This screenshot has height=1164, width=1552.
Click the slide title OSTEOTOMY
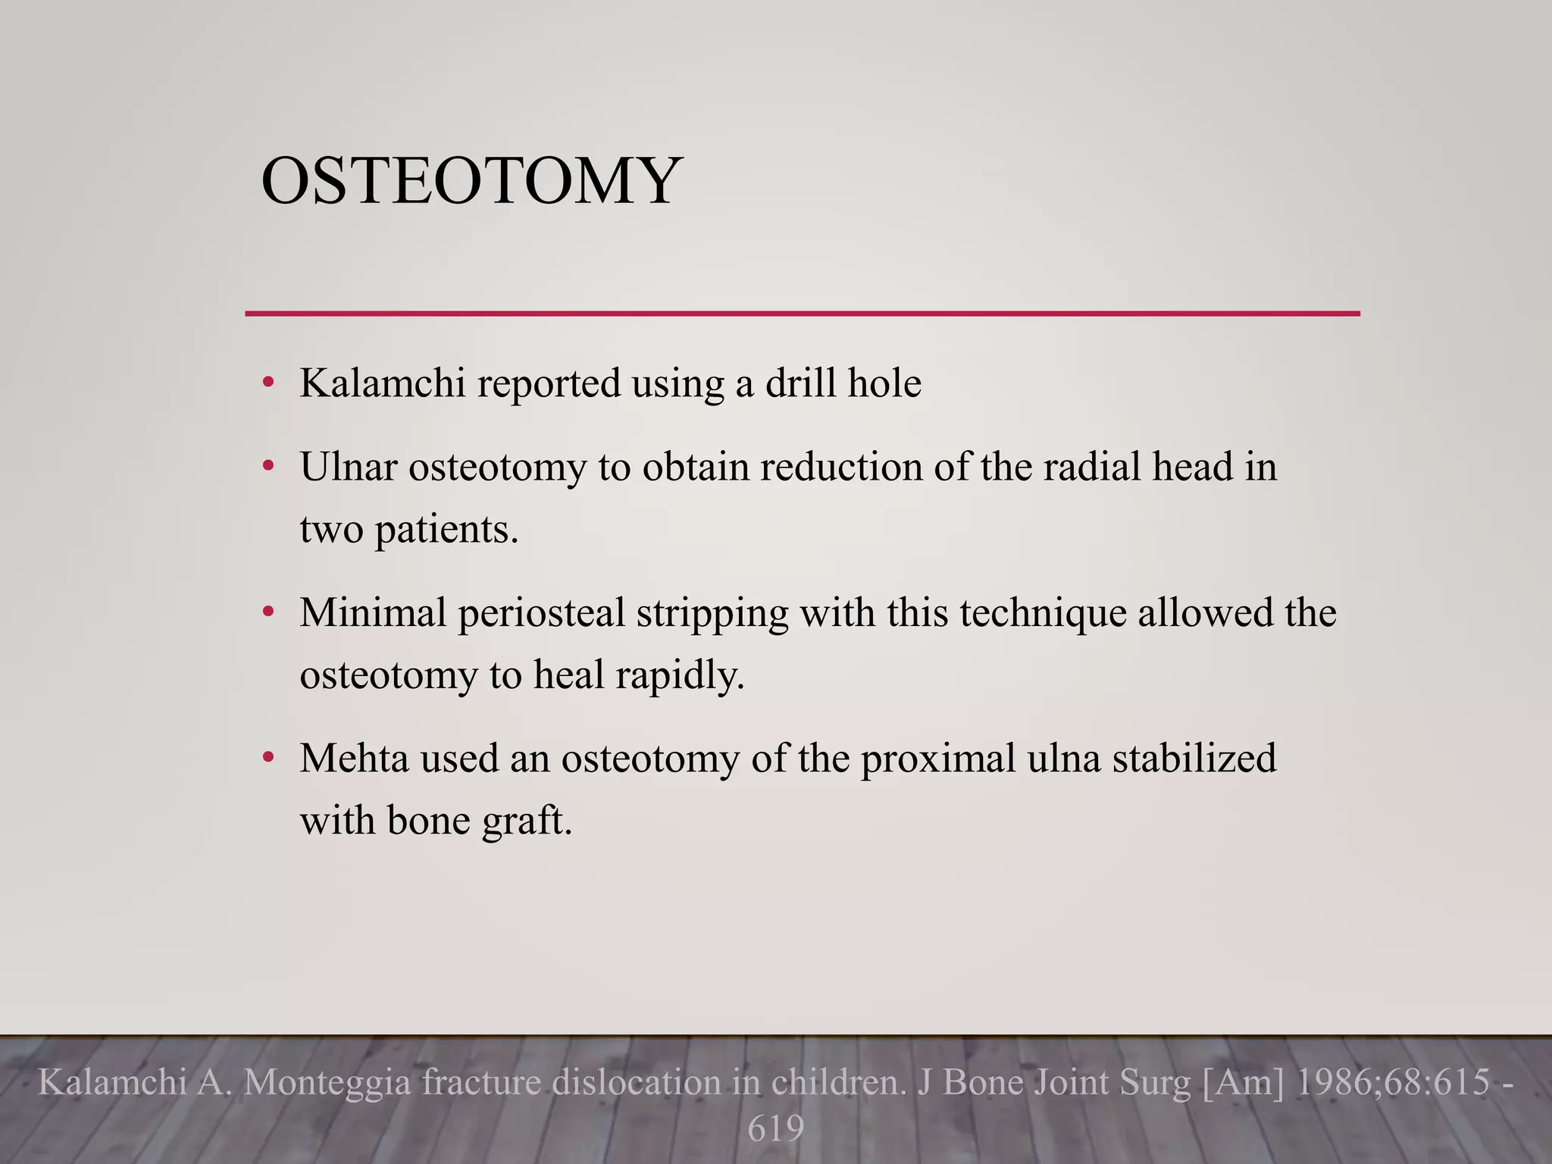(x=471, y=181)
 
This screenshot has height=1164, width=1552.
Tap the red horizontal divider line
(x=802, y=313)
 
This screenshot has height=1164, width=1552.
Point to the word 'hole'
(x=884, y=383)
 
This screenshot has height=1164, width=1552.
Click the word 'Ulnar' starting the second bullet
(x=348, y=466)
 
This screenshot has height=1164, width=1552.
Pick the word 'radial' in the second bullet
(x=1092, y=466)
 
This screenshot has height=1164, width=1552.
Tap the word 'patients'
(x=446, y=529)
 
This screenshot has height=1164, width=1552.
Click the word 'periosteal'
(x=541, y=614)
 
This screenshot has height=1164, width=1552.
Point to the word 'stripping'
(x=712, y=614)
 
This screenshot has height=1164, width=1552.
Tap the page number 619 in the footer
(x=775, y=1128)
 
